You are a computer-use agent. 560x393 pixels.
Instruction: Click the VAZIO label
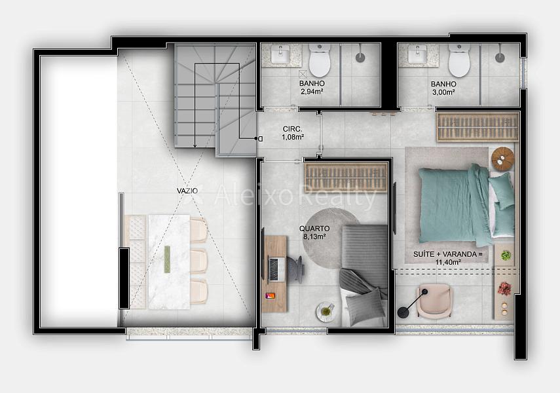[187, 191]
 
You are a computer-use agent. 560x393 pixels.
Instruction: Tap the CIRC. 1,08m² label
[293, 133]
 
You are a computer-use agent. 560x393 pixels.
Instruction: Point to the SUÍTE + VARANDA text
[448, 254]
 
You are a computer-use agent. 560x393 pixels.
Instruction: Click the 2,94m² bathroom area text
[312, 92]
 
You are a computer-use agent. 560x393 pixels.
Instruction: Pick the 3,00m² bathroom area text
[443, 92]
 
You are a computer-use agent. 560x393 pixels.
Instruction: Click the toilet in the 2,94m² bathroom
[320, 60]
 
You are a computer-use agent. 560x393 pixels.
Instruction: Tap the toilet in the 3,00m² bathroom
[459, 60]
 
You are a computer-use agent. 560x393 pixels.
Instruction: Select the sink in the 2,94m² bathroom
[280, 54]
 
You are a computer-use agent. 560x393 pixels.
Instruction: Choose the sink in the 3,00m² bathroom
[417, 54]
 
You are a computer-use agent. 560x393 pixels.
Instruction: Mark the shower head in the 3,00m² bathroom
[499, 57]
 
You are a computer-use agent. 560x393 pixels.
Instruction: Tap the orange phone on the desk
[271, 296]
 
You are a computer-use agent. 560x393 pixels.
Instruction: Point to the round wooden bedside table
[502, 159]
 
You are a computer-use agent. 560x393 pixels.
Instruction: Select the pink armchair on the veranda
[435, 301]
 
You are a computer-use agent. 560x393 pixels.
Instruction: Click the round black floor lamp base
[403, 312]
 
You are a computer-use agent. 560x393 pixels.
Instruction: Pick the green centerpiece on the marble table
[167, 260]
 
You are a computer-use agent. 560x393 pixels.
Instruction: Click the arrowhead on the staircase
[195, 145]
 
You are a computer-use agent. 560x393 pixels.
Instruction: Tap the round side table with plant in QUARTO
[326, 312]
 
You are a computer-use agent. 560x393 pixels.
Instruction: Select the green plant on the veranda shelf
[506, 255]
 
